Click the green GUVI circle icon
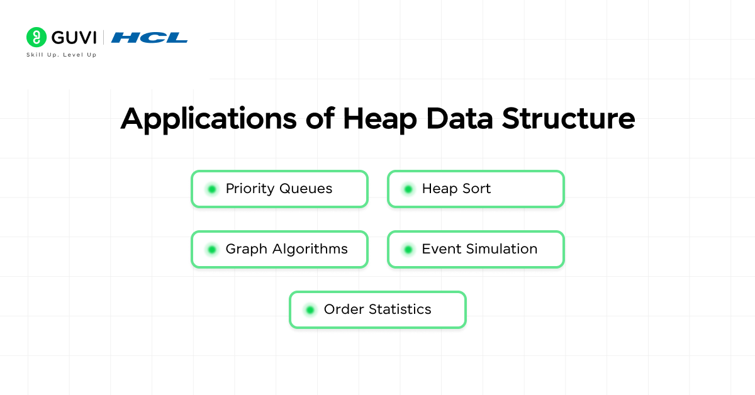(x=37, y=37)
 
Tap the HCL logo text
(x=150, y=38)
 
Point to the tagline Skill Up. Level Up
(x=61, y=55)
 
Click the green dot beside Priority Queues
(x=212, y=189)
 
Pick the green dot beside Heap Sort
(x=408, y=189)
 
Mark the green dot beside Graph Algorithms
(x=212, y=249)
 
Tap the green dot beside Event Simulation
(x=408, y=249)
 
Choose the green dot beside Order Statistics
(x=310, y=309)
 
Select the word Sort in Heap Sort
(x=476, y=189)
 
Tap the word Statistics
(x=400, y=309)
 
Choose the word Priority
(x=250, y=189)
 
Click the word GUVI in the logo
(x=74, y=37)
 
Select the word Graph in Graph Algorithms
(x=246, y=249)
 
